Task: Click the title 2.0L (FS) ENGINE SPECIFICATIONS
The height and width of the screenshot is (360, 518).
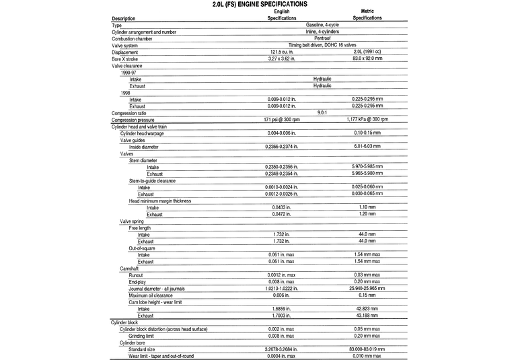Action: click(259, 4)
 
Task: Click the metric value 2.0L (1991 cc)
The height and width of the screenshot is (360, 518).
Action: click(367, 52)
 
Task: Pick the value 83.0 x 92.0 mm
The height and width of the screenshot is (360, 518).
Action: click(367, 59)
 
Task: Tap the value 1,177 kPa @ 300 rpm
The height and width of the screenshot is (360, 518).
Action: click(367, 119)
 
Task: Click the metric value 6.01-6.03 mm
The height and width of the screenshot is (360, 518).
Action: click(367, 147)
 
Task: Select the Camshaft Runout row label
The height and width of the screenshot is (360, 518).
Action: click(136, 275)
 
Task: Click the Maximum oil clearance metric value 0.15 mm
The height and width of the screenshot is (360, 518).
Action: click(367, 295)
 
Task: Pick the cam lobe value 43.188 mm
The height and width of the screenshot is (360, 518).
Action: click(367, 315)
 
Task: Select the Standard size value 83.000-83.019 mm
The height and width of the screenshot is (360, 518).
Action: click(367, 349)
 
